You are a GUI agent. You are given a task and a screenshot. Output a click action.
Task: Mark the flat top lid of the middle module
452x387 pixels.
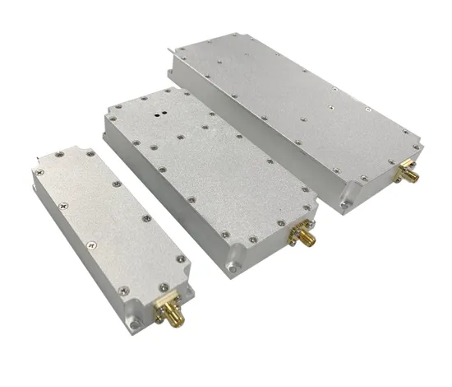(205, 165)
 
